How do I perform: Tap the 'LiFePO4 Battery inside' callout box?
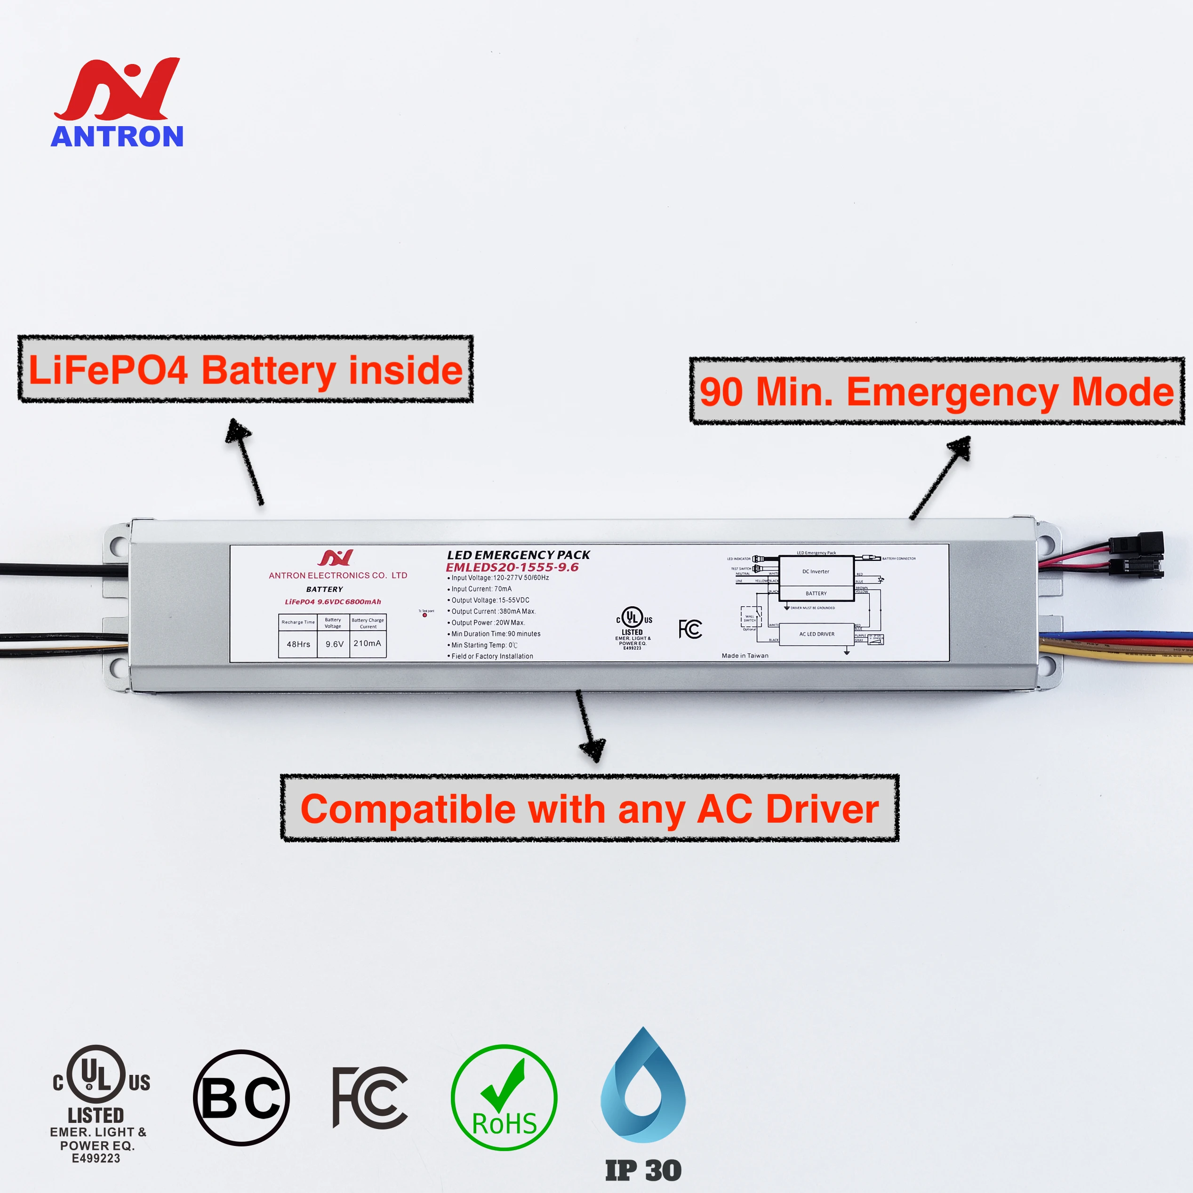245,369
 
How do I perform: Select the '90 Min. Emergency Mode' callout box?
936,391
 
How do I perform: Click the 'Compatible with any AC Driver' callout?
590,809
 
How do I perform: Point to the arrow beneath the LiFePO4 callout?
245,461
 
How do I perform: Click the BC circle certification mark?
241,1097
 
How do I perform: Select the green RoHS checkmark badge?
504,1097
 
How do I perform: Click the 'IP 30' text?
643,1170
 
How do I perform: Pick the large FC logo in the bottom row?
370,1097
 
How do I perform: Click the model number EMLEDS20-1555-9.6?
512,567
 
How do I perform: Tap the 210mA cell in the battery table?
368,643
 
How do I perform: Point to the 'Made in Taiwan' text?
745,656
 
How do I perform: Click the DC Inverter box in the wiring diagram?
816,571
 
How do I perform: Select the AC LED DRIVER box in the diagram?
817,634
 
